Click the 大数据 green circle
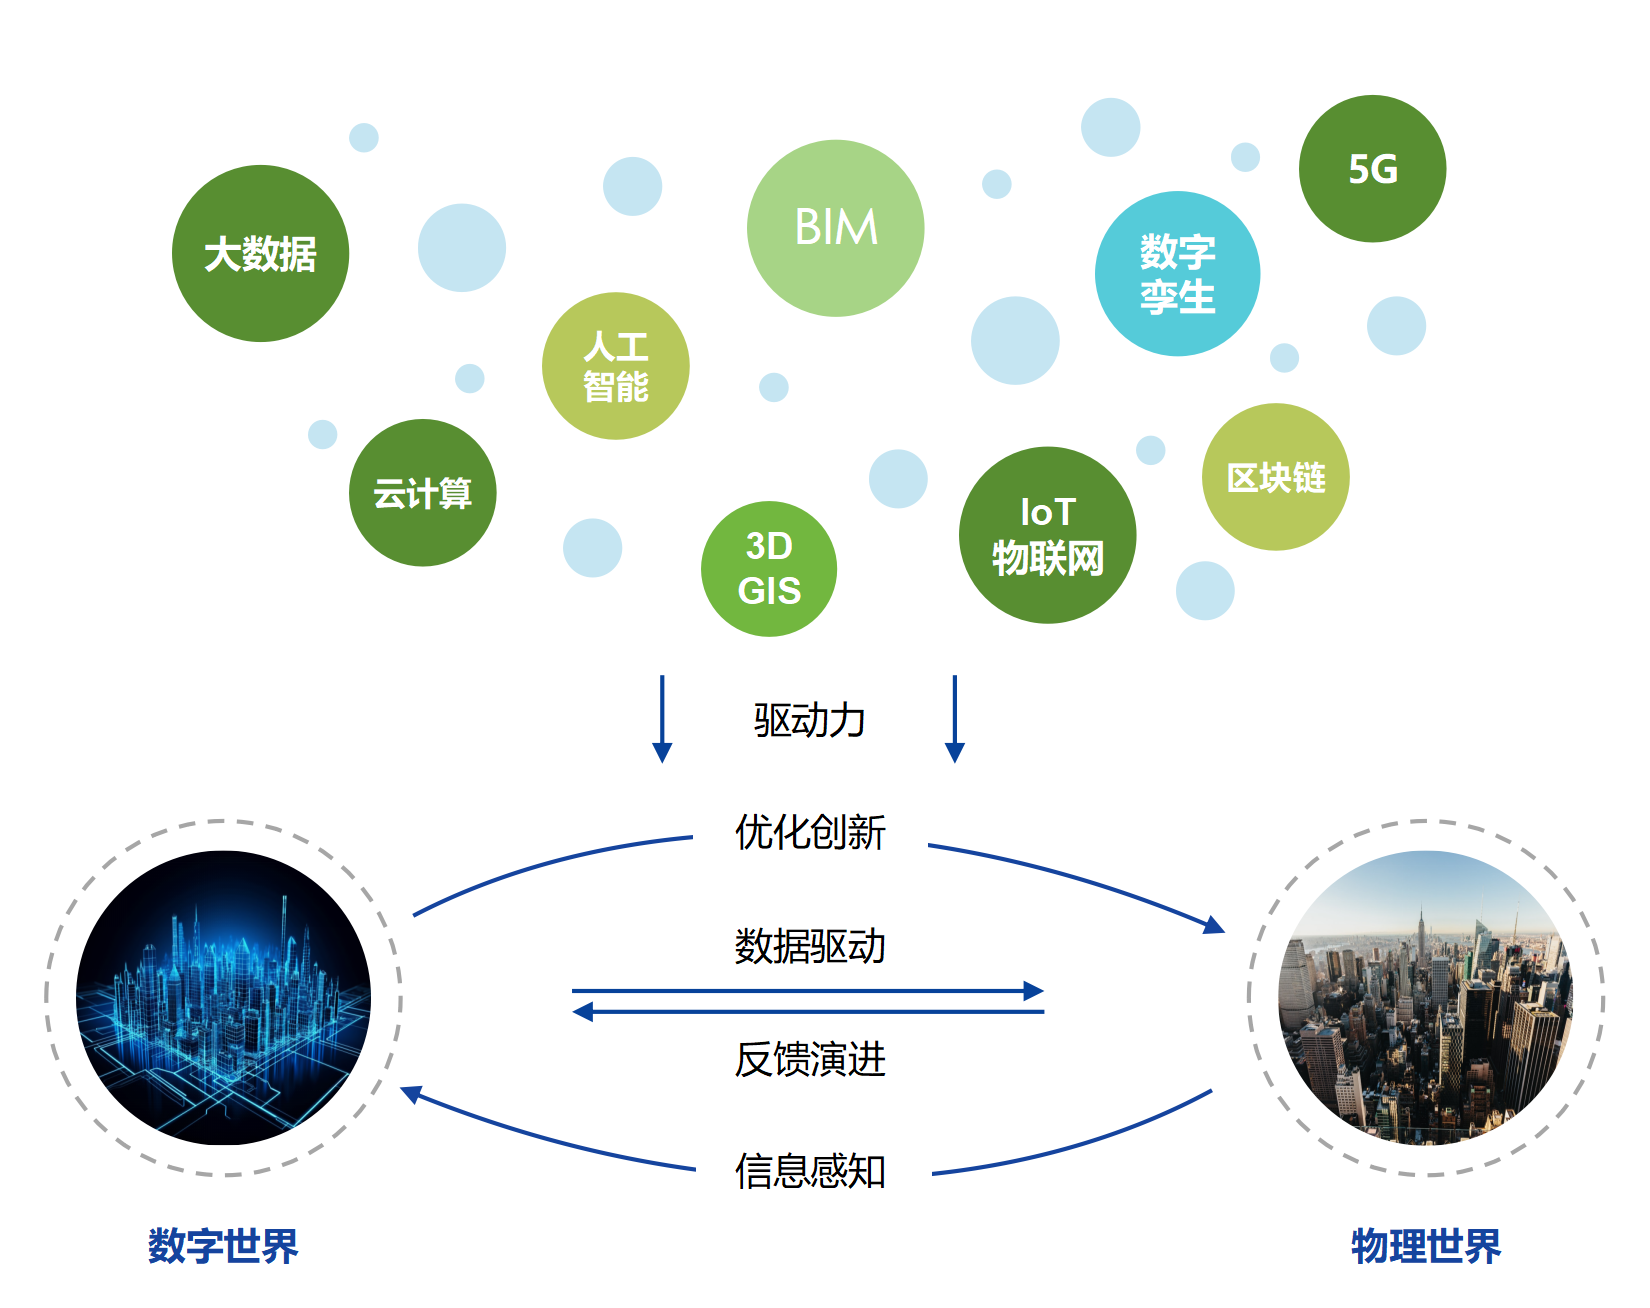pos(260,254)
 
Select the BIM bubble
pos(835,228)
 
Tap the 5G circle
pos(1372,169)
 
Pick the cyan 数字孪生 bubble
pos(1177,274)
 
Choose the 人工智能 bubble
pos(616,366)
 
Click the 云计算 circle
pos(422,493)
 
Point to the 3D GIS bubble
pos(769,569)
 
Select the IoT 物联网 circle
pos(1047,535)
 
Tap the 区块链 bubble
pos(1275,478)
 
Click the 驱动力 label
pos(809,720)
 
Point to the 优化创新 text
pos(810,832)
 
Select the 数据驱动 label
pos(810,946)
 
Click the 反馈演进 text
pos(810,1059)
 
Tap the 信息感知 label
pos(810,1171)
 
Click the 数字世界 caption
pos(223,1246)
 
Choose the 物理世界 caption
pos(1426,1246)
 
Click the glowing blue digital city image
pos(224,998)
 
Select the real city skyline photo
pos(1426,998)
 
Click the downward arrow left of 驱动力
pos(662,719)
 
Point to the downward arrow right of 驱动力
pos(955,719)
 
